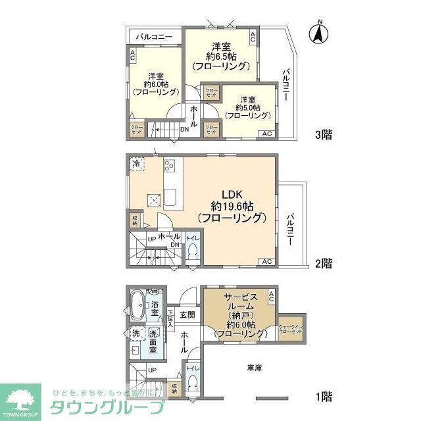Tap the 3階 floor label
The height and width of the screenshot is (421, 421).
(323, 136)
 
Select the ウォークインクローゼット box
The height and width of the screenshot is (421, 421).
(290, 330)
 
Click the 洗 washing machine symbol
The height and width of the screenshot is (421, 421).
(137, 333)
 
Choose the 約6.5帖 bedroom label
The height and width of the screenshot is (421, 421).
(220, 56)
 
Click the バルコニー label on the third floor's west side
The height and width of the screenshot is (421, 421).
(155, 37)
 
